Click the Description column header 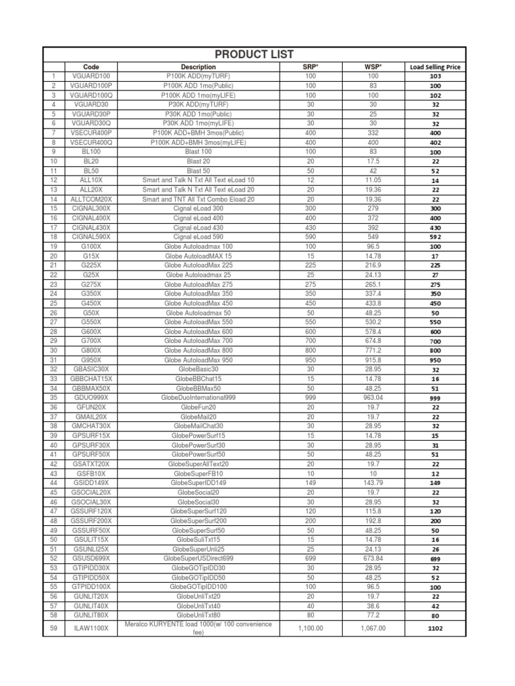pyautogui.click(x=198, y=67)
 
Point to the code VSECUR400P pyautogui.click(x=91, y=133)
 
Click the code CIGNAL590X pyautogui.click(x=91, y=236)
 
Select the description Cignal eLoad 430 pyautogui.click(x=198, y=227)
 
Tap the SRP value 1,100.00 pyautogui.click(x=310, y=628)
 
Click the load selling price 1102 pyautogui.click(x=435, y=628)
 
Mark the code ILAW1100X pyautogui.click(x=91, y=628)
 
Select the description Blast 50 pyautogui.click(x=198, y=171)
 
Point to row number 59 pyautogui.click(x=53, y=628)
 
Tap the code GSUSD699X pyautogui.click(x=91, y=558)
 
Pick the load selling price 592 pyautogui.click(x=435, y=237)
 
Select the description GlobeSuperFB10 pyautogui.click(x=198, y=473)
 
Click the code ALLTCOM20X pyautogui.click(x=91, y=199)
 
